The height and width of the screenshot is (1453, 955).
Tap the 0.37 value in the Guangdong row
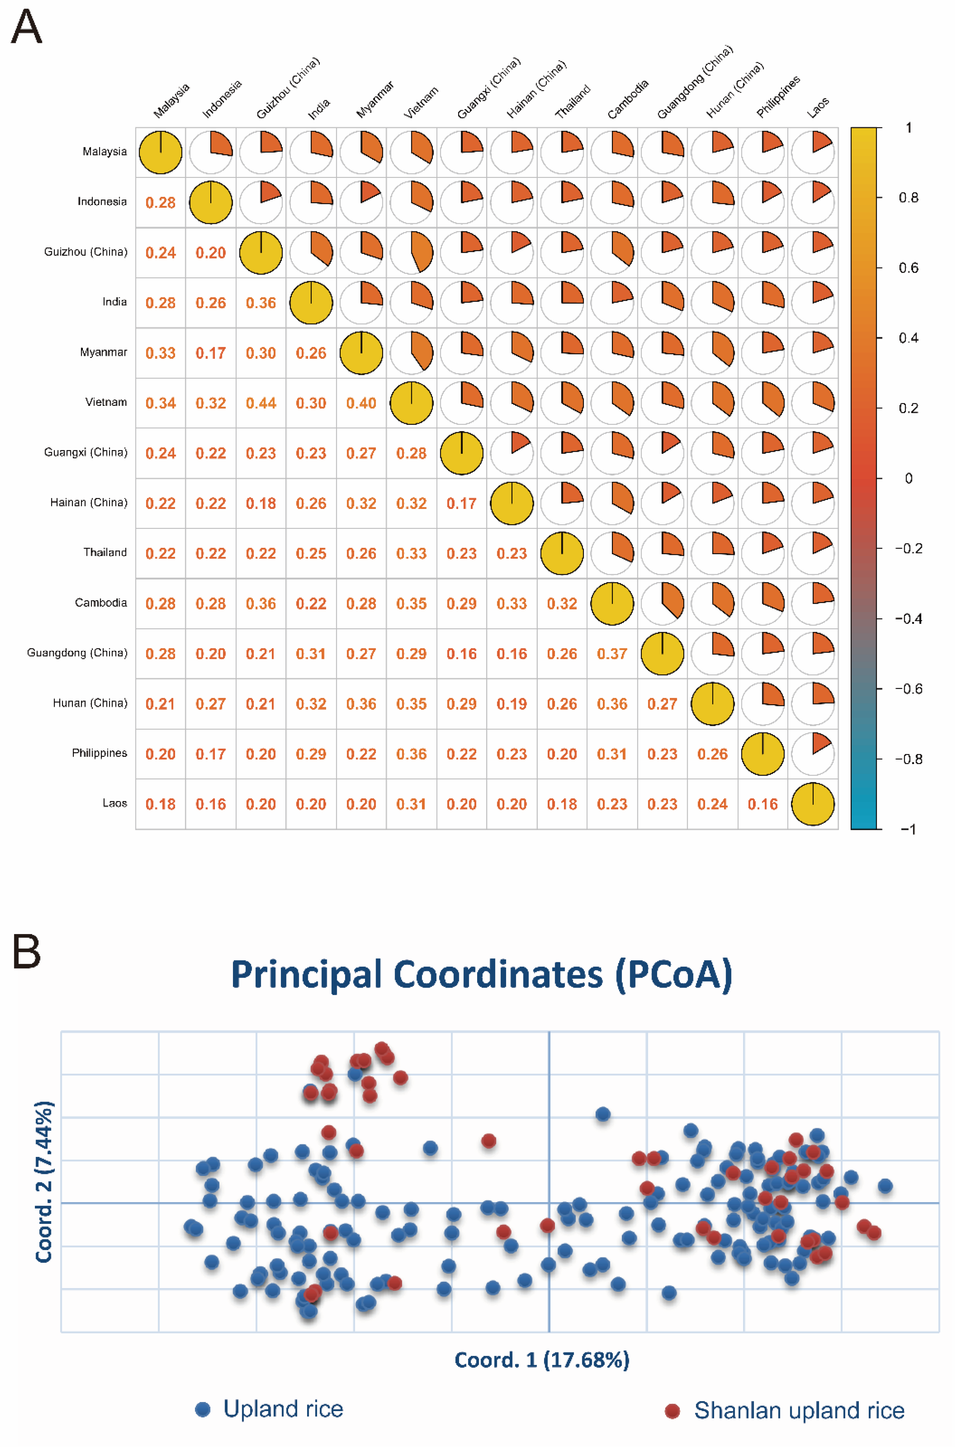612,654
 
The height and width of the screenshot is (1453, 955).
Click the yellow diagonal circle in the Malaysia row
161,152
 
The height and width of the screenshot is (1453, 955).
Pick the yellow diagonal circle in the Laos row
813,804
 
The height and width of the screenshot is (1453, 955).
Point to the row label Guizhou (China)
86,251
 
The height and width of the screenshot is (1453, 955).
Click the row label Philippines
99,753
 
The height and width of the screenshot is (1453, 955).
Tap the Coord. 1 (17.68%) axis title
542,1360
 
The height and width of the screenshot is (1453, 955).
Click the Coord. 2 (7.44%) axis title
44,1181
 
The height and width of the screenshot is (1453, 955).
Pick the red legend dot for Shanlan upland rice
672,1411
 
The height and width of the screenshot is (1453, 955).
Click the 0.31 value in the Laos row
411,804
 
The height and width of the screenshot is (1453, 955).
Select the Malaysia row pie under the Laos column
813,152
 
